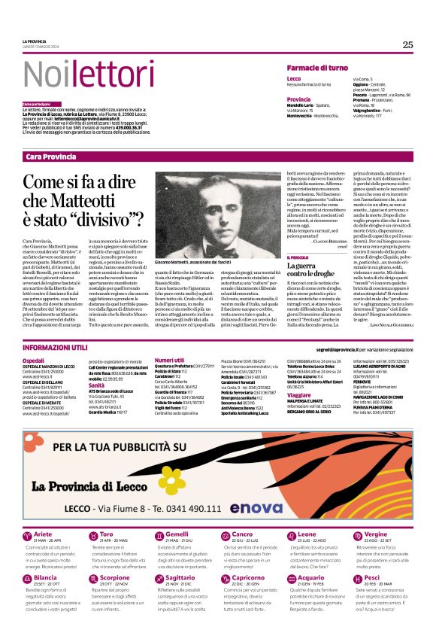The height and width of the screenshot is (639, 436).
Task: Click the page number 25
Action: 407,44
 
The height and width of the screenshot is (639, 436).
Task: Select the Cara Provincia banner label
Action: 50,156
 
